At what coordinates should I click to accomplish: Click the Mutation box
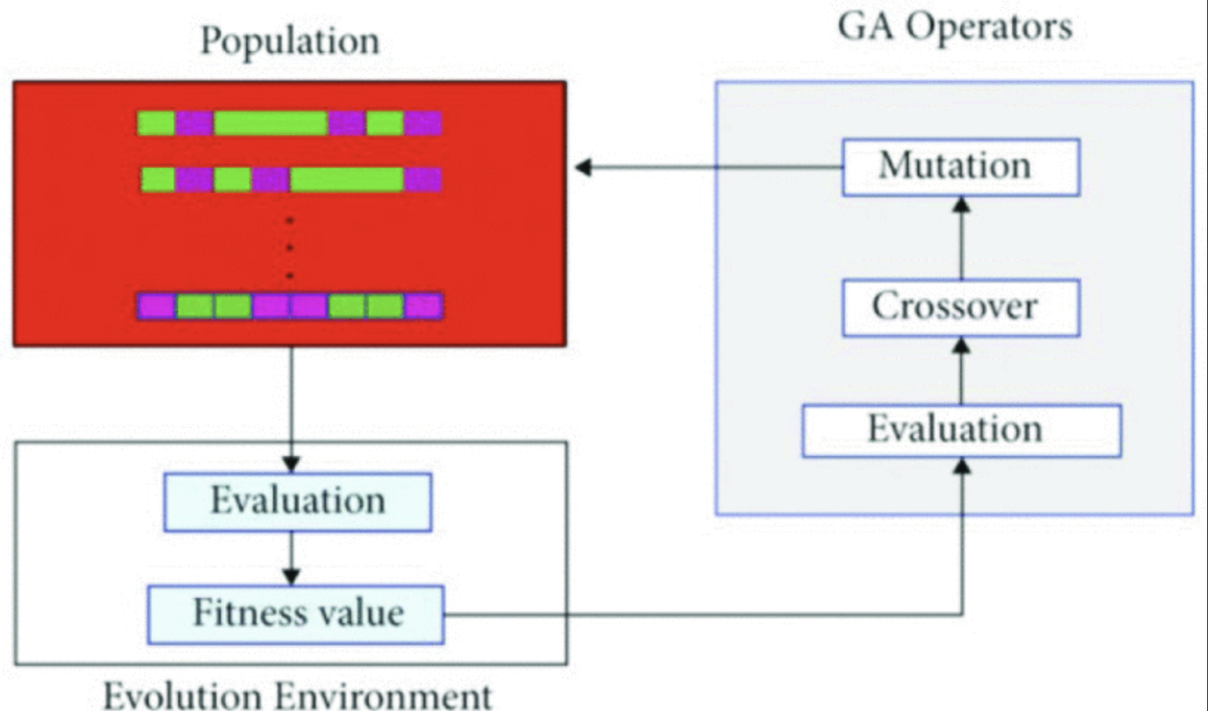point(960,167)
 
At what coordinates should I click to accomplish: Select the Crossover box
point(960,307)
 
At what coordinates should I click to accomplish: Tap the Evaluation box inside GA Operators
point(961,430)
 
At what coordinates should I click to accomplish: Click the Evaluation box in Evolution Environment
point(297,502)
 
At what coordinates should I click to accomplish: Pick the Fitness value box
point(296,614)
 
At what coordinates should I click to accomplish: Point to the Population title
point(290,41)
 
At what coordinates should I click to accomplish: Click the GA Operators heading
point(954,27)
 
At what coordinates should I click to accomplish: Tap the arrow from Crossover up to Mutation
point(961,237)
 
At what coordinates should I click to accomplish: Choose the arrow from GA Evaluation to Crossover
point(961,370)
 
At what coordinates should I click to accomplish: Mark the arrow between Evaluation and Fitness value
point(292,559)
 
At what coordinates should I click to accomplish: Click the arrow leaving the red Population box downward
point(292,406)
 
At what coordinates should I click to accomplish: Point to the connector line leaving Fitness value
point(702,614)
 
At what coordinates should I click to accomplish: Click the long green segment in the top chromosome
point(271,123)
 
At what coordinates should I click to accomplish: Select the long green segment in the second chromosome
point(347,179)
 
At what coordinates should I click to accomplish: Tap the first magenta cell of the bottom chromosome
point(157,306)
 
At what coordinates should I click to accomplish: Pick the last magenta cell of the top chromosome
point(423,123)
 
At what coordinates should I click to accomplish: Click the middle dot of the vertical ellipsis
point(290,248)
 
